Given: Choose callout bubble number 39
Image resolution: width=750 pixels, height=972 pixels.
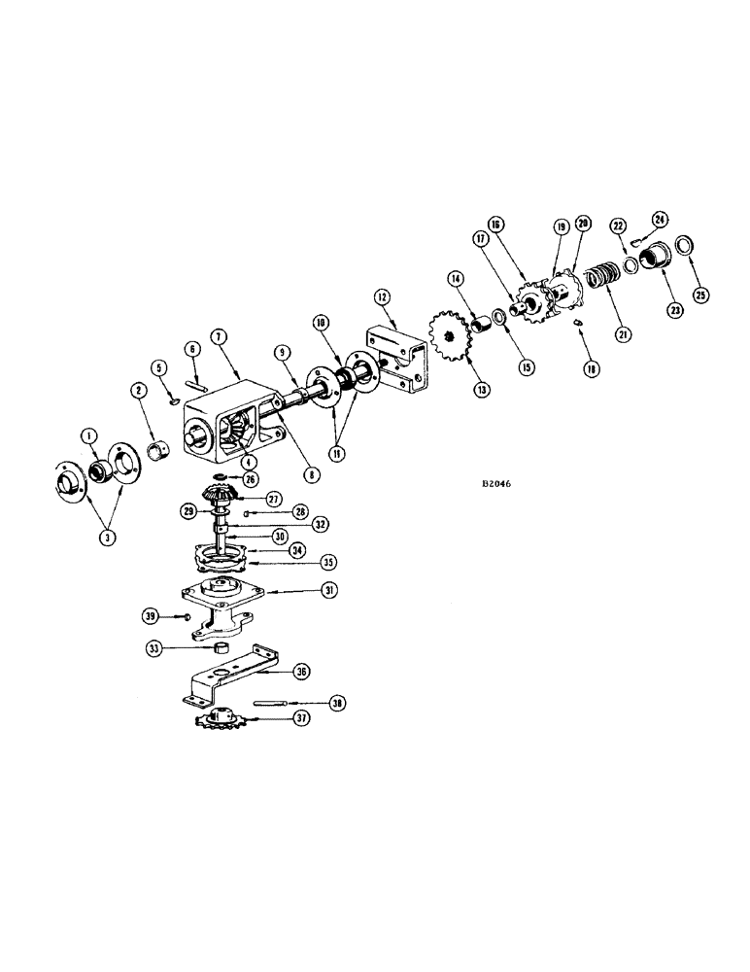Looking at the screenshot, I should pyautogui.click(x=150, y=616).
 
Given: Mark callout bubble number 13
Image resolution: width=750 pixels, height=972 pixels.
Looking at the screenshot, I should pyautogui.click(x=482, y=389).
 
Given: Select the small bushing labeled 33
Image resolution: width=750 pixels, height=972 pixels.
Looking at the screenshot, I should pyautogui.click(x=222, y=648).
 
